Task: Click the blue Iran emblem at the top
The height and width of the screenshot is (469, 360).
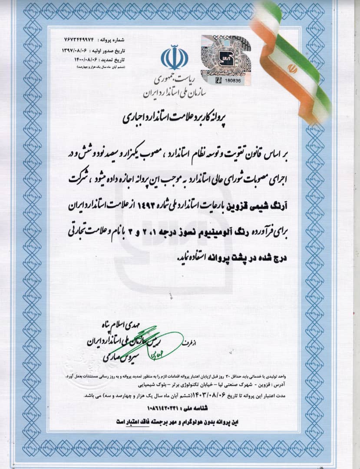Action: [x=175, y=57]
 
